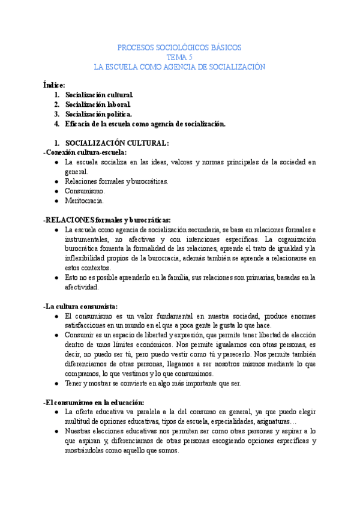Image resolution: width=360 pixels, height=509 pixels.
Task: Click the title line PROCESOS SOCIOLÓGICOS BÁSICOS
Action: click(x=180, y=47)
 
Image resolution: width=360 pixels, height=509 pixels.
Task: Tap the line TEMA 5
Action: click(x=179, y=57)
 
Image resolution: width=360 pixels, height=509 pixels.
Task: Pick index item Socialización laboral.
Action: click(x=98, y=105)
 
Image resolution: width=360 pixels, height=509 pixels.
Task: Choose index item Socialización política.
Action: click(x=99, y=115)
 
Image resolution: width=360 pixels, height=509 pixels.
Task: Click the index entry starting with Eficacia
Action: click(x=145, y=124)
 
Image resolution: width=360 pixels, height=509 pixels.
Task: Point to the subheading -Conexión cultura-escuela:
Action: click(x=85, y=152)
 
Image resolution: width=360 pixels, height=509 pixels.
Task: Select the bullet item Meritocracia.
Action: click(x=85, y=200)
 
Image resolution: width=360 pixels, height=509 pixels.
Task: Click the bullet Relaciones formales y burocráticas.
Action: click(x=116, y=181)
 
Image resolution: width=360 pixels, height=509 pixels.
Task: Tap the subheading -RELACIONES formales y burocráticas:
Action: click(x=107, y=220)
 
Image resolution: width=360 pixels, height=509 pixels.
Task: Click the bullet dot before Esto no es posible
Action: click(x=56, y=278)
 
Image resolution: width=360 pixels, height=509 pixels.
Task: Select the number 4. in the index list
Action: click(x=57, y=124)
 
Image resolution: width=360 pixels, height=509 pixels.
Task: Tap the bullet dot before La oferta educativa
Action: click(x=56, y=412)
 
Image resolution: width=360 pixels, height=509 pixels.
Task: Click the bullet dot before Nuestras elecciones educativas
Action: click(x=56, y=432)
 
